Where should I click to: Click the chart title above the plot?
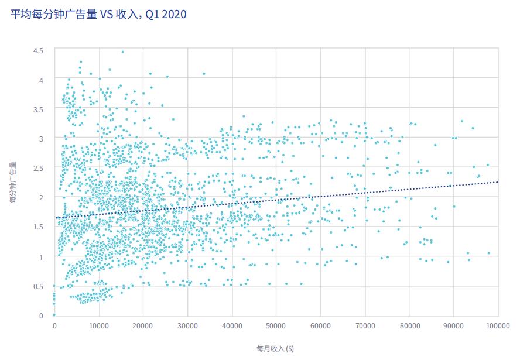99,13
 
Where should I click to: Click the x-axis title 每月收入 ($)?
275,348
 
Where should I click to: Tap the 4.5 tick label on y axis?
38,50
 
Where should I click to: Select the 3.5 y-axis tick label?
38,109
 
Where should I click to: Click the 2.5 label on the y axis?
38,168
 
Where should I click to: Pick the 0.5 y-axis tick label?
38,286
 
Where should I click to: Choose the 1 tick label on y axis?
41,257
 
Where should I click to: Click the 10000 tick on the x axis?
98,325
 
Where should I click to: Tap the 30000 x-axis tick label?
187,325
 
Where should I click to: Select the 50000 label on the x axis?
276,325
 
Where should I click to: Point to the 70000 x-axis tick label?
365,325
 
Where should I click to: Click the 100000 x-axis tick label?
498,325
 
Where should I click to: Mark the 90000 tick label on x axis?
454,325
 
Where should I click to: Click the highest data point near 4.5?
122,52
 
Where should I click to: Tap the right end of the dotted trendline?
497,182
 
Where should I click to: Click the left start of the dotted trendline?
56,218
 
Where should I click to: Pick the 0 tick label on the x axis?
54,325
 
